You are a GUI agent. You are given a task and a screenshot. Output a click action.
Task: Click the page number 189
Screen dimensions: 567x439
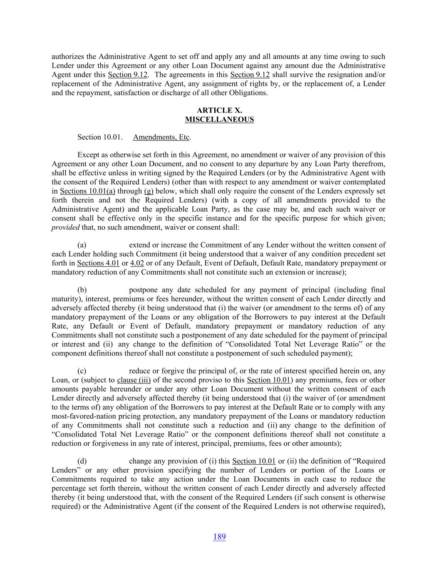coord(219,537)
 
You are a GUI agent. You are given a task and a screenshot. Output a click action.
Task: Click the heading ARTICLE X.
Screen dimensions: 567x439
coord(219,110)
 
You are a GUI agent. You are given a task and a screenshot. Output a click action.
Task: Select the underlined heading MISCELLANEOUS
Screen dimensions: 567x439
coord(219,120)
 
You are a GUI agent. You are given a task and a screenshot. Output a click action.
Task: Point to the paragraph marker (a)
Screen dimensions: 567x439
coord(82,245)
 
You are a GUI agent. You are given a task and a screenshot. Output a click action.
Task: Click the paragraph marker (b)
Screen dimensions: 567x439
coord(82,290)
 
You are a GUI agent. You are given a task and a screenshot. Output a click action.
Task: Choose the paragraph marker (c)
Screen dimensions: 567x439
coord(82,371)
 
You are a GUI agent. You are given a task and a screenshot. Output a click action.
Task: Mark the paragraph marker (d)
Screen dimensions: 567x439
coord(82,461)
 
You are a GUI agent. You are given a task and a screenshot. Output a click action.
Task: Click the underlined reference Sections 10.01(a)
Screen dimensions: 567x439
coord(87,191)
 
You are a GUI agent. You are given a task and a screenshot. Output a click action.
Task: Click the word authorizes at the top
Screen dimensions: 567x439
coord(68,56)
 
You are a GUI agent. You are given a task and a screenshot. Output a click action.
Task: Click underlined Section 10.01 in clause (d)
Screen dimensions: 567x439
coord(254,461)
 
